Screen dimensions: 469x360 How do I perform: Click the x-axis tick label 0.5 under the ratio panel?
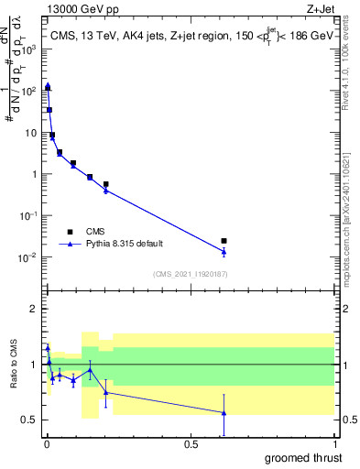[191, 444]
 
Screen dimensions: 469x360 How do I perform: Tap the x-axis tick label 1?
[335, 444]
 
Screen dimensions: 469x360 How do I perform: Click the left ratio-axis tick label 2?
[36, 309]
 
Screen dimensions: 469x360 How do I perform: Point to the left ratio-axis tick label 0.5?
[32, 420]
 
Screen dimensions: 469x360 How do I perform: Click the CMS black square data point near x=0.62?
[224, 241]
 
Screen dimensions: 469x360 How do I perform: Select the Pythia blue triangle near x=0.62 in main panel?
[224, 251]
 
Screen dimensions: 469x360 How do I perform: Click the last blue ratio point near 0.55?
[224, 412]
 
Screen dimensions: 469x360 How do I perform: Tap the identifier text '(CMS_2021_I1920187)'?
[190, 274]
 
